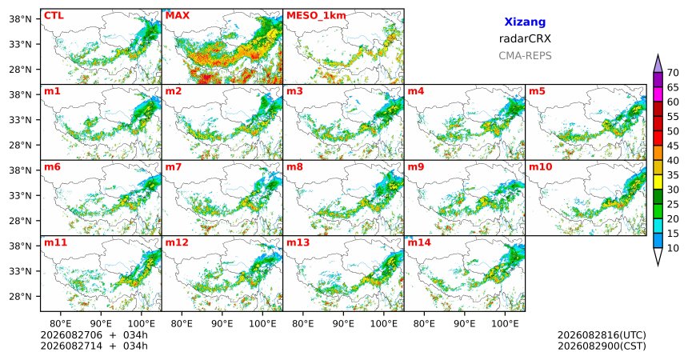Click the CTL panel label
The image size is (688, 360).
(x=54, y=16)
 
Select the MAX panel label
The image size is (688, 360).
(x=178, y=16)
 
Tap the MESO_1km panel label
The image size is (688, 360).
(x=316, y=16)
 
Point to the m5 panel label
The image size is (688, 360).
(x=537, y=91)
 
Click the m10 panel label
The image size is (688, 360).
(x=540, y=167)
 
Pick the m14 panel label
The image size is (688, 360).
(x=419, y=242)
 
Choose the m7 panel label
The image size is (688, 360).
(x=174, y=167)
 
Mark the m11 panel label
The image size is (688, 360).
(x=55, y=242)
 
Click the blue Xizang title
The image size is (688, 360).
(x=525, y=22)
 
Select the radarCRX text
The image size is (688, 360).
(x=525, y=38)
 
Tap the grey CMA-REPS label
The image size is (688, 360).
(x=525, y=56)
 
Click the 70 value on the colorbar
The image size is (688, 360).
(x=673, y=73)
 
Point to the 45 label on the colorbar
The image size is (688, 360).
(x=673, y=146)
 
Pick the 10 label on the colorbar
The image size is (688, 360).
(x=673, y=248)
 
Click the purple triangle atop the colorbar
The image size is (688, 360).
(x=658, y=64)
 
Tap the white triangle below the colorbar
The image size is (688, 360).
(x=658, y=256)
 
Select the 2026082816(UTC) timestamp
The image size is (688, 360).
(x=602, y=335)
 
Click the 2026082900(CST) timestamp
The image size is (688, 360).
(x=602, y=346)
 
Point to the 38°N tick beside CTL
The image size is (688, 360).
(x=20, y=19)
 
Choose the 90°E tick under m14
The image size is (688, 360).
(x=465, y=324)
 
